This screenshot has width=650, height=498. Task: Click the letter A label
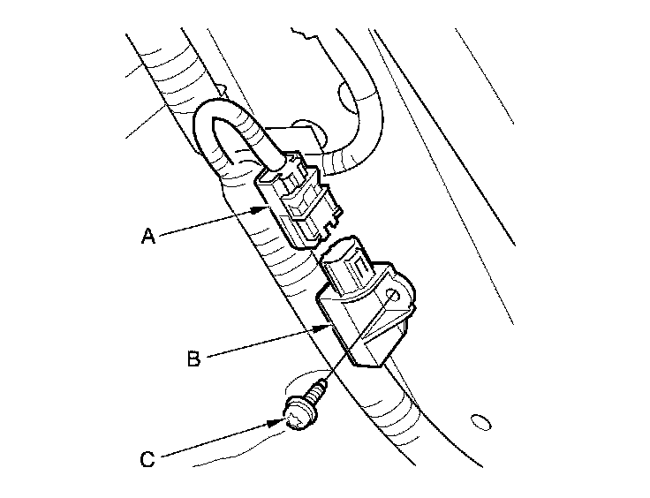click(x=148, y=236)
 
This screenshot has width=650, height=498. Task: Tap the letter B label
click(x=193, y=358)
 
